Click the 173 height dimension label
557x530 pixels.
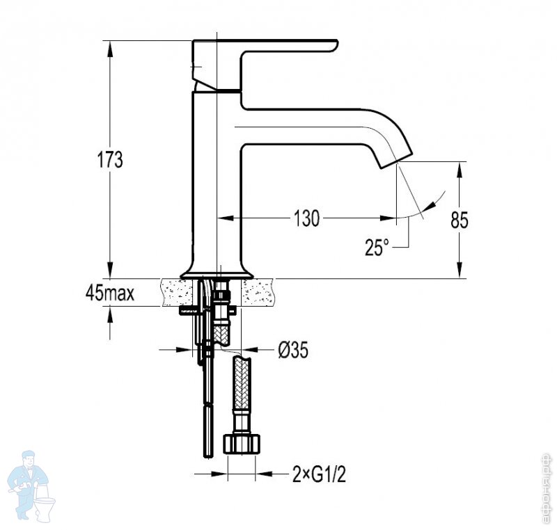(110, 160)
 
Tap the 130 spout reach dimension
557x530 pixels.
(306, 218)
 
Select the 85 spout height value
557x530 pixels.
(460, 220)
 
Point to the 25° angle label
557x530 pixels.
(377, 247)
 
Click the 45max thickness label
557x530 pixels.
(110, 293)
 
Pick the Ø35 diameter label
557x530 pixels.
(293, 350)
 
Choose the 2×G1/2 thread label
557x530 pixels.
(320, 474)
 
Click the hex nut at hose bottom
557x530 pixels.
(242, 443)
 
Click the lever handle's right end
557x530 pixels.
(336, 45)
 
